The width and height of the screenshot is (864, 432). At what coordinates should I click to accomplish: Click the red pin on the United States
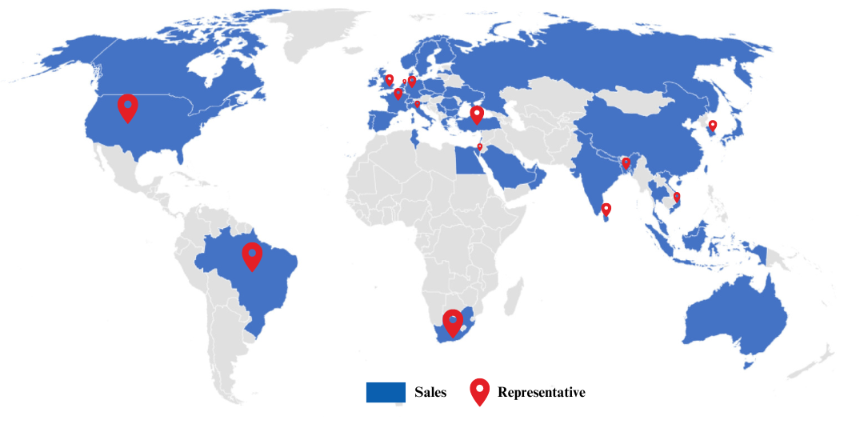tap(127, 106)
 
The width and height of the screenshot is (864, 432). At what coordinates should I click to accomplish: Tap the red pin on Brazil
tap(252, 255)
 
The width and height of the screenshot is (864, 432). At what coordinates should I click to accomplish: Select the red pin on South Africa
tap(453, 322)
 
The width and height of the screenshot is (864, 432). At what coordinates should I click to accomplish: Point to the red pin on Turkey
tap(477, 114)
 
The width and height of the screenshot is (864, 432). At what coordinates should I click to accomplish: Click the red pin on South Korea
tap(713, 126)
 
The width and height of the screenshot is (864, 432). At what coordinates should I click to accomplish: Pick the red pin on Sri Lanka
tap(606, 210)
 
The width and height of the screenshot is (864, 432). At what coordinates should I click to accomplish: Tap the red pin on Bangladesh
tap(626, 163)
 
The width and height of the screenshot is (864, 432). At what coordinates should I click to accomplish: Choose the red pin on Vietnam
tap(677, 197)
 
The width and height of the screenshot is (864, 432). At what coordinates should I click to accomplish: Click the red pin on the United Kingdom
tap(389, 80)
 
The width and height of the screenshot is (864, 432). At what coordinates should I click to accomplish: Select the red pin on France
tap(398, 94)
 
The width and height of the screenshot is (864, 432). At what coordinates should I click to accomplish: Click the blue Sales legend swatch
tap(386, 393)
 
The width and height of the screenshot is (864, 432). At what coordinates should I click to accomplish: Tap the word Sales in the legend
tap(430, 393)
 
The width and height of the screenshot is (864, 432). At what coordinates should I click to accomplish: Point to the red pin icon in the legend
tap(479, 390)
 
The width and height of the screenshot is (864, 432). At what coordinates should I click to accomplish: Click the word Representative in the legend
tap(541, 393)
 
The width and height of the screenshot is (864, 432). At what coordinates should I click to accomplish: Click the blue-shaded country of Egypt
tap(467, 162)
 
